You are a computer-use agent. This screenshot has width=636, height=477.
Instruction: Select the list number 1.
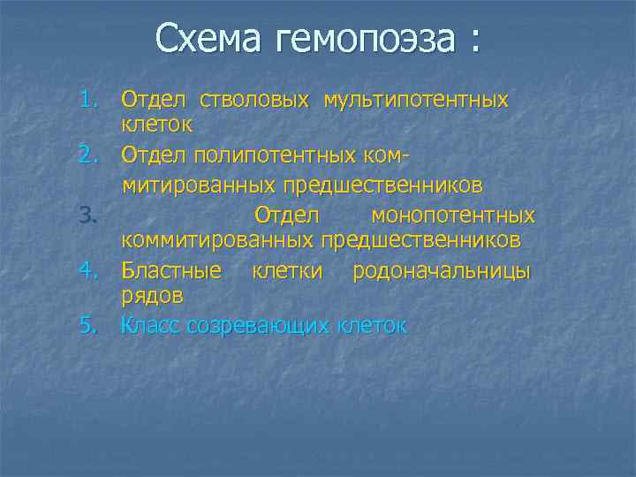87,97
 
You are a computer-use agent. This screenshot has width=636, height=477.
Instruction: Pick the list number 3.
87,215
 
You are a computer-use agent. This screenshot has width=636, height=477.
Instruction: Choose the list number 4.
87,270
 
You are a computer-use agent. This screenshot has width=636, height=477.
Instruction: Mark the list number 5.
87,325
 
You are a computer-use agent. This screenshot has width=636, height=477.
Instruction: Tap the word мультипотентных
416,100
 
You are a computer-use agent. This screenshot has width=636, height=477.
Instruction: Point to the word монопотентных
452,216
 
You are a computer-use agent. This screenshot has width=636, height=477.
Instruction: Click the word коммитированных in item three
217,240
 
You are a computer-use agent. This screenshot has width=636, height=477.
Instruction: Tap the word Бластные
171,270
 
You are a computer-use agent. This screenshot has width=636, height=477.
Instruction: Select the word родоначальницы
442,270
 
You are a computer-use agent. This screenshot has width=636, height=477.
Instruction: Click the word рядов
152,295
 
